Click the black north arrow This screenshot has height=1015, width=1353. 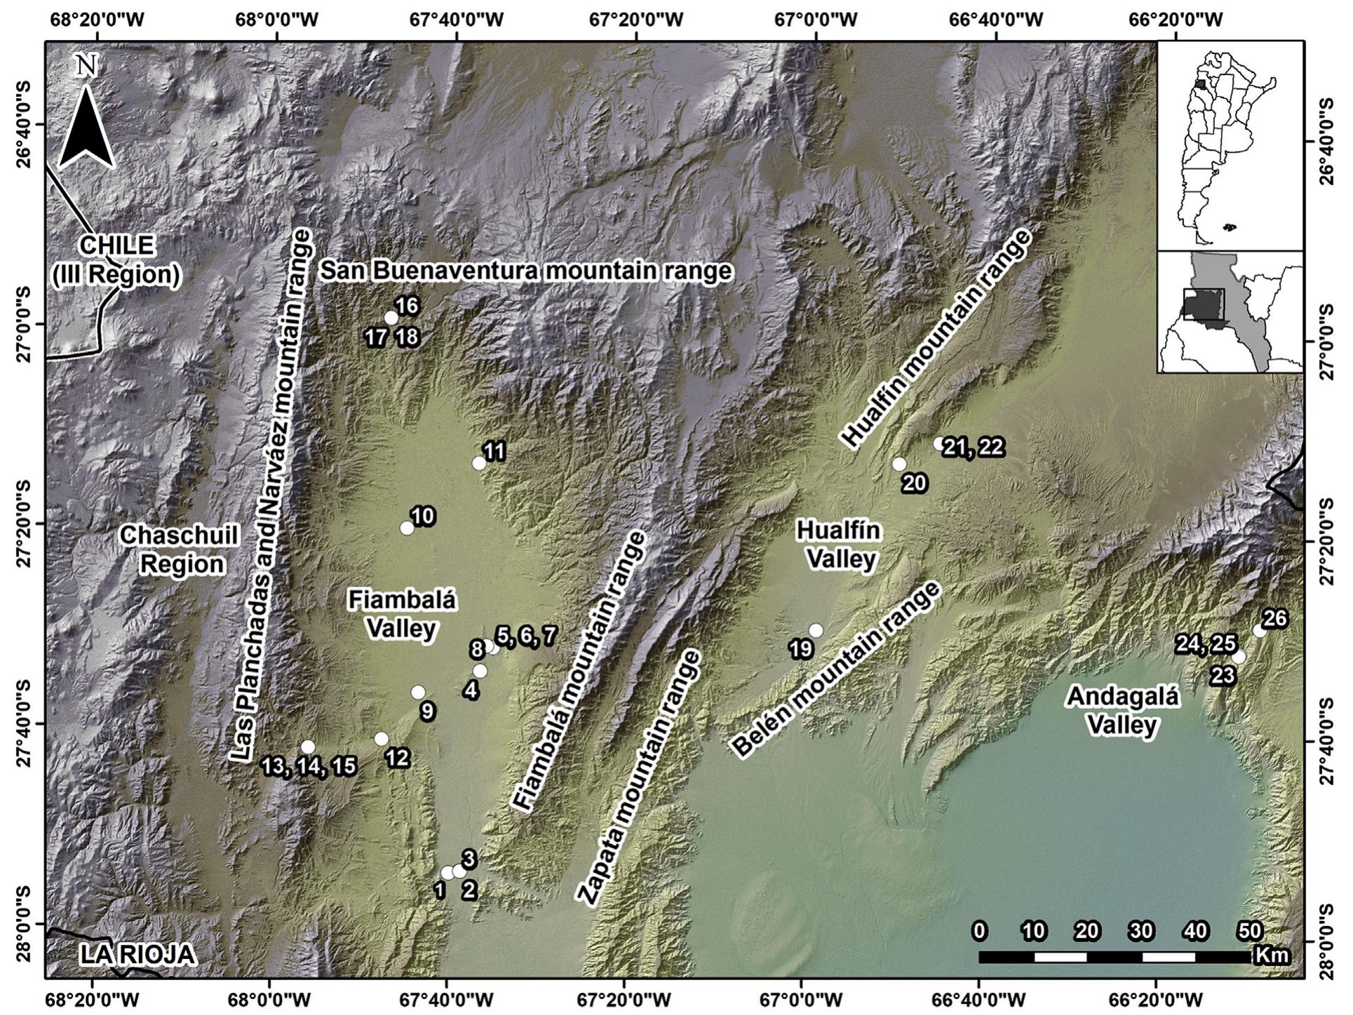(87, 128)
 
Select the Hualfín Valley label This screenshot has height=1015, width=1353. (837, 545)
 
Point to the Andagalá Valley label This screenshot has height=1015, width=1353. (1122, 710)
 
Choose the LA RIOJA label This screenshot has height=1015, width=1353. (137, 955)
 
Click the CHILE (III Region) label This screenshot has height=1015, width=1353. (116, 260)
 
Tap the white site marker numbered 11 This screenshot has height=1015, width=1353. (479, 463)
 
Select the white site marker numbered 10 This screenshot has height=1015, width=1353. (407, 528)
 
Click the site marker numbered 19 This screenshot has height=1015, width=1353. (815, 630)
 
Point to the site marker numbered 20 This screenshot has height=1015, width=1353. (898, 464)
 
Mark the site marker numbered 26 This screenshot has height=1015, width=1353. (1259, 631)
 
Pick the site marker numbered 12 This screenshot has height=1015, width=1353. (381, 739)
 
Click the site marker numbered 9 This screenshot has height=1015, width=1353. (418, 692)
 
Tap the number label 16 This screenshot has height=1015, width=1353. (407, 306)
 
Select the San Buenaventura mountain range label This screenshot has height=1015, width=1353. (525, 271)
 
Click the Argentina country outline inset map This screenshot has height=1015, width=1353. (1229, 144)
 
